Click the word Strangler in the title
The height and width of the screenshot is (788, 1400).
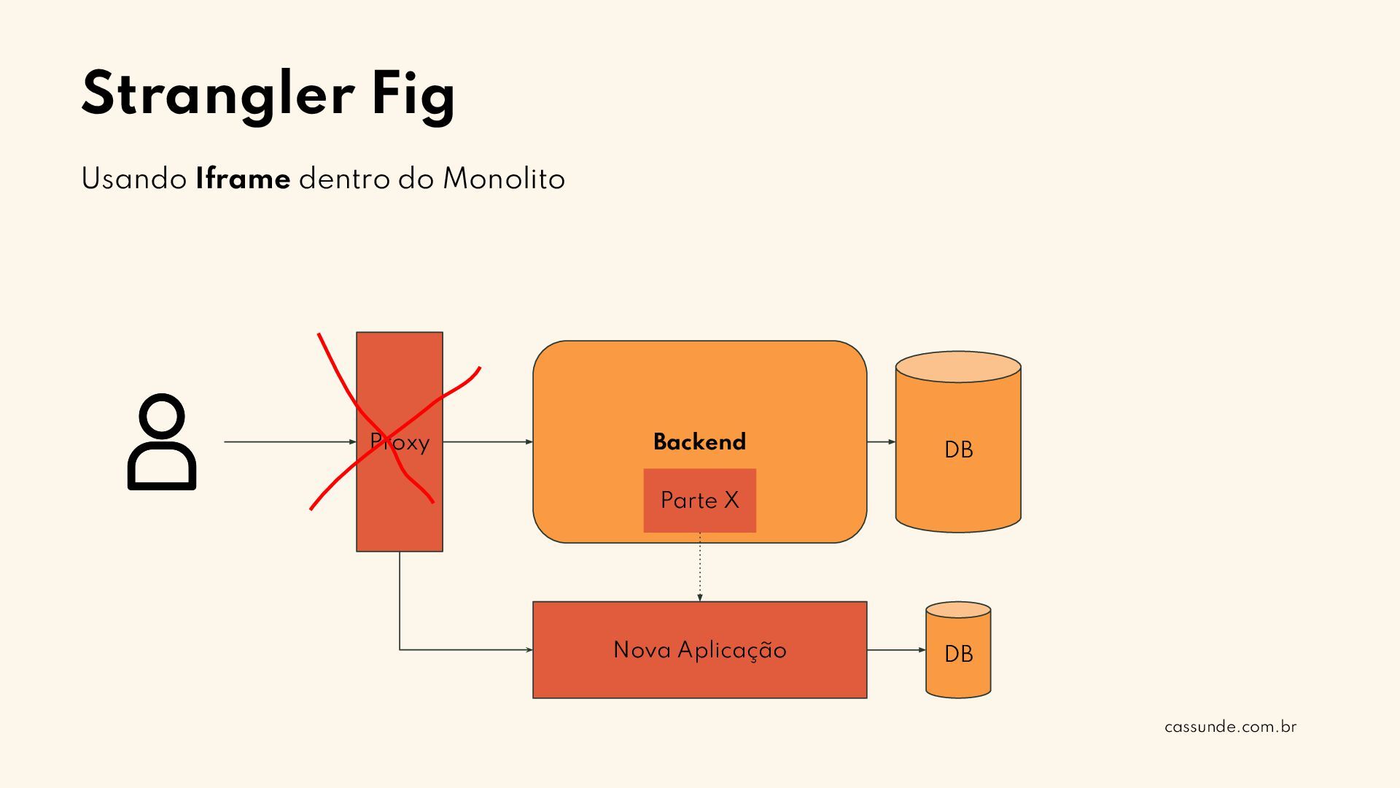[x=218, y=94]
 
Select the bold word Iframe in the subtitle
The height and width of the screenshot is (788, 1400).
[x=243, y=179]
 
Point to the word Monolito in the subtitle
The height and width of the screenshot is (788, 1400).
[x=504, y=179]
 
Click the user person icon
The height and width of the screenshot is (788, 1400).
[x=162, y=441]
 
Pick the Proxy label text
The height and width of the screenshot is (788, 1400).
[x=400, y=442]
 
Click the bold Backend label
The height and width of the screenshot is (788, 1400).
[x=699, y=441]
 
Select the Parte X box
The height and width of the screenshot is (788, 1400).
[x=699, y=501]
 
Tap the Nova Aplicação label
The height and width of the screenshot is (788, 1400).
[x=699, y=649]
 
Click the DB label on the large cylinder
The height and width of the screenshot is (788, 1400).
[x=958, y=449]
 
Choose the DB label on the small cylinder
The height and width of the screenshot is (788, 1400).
[x=958, y=654]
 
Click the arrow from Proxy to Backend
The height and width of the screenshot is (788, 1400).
[x=487, y=441]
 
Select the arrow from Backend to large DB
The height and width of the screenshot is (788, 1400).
[x=881, y=441]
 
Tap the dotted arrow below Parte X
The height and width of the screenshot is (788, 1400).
[x=700, y=567]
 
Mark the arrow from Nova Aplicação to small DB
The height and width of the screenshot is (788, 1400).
[x=896, y=649]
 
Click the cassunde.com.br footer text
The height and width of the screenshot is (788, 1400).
[x=1230, y=727]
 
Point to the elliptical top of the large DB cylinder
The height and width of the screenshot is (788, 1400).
[x=958, y=367]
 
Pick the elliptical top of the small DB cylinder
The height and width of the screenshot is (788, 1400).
[x=958, y=610]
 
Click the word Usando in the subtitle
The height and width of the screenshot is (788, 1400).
[x=134, y=179]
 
